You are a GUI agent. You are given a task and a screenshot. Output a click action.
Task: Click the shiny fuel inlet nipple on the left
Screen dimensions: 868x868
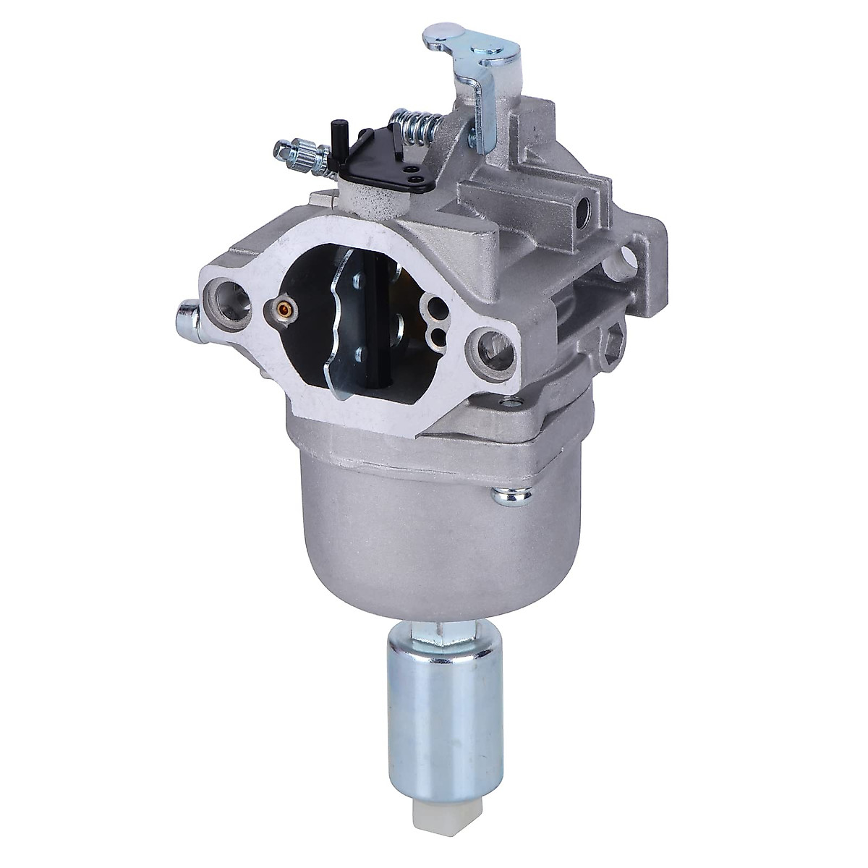tap(187, 316)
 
